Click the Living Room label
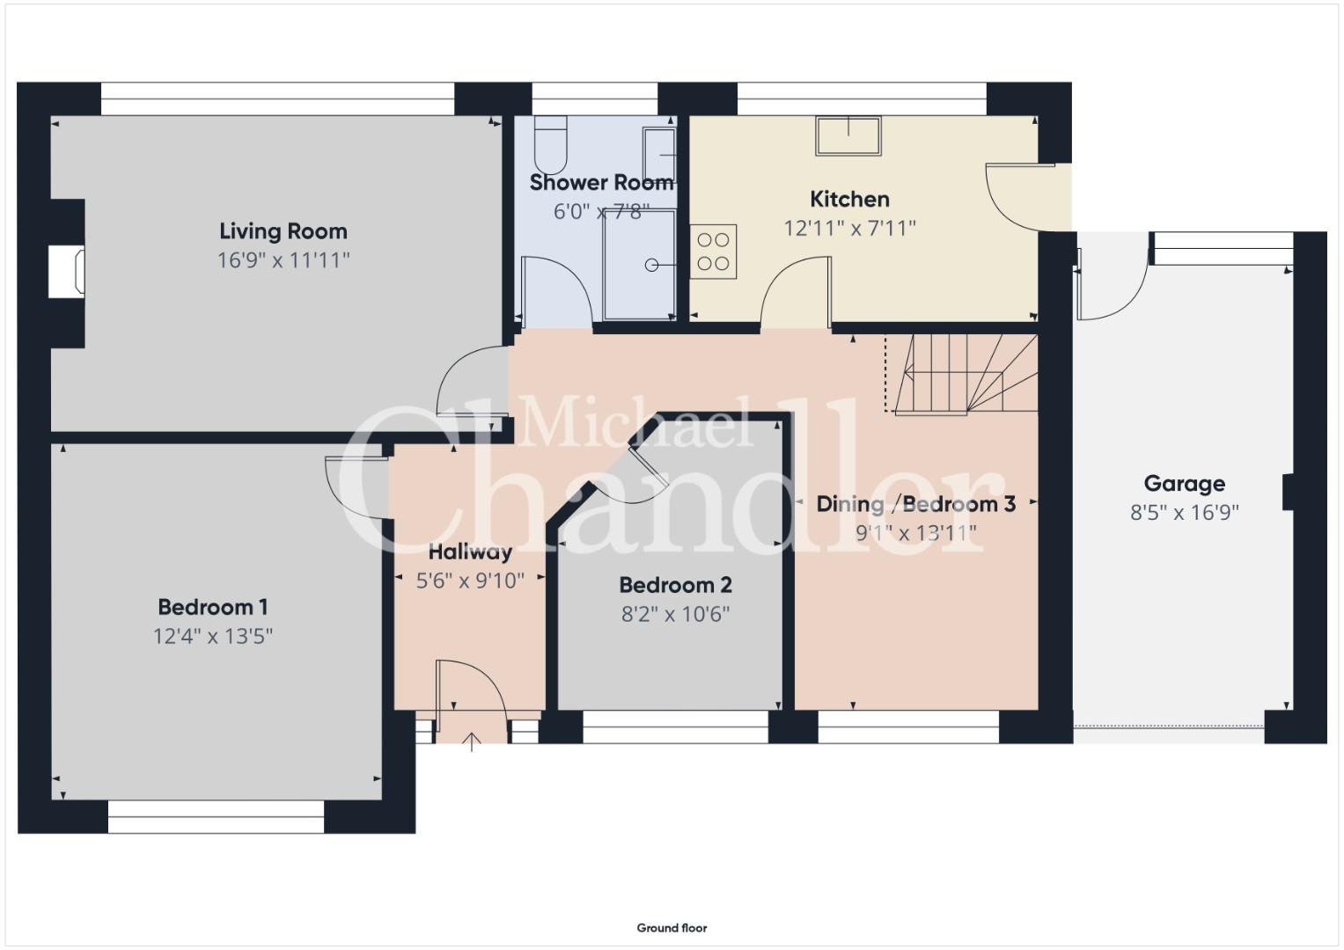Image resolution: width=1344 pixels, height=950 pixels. [283, 230]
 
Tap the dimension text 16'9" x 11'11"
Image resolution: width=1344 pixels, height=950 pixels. [283, 260]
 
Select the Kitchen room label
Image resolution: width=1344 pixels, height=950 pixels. [849, 199]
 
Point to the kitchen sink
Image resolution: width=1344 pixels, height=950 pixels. [848, 136]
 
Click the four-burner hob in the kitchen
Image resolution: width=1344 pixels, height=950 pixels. [714, 252]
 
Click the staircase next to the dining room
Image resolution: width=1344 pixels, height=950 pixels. [962, 374]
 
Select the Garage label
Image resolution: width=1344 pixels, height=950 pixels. [1185, 484]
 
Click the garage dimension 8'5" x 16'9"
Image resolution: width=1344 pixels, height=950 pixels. [1185, 513]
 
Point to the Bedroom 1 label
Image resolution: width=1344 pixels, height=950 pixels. [213, 607]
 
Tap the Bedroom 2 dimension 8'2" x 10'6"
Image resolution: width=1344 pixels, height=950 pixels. [676, 614]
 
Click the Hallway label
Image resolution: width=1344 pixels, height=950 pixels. [470, 552]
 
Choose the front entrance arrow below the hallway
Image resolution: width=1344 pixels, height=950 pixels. [472, 742]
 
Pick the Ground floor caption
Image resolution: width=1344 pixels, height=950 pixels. [672, 928]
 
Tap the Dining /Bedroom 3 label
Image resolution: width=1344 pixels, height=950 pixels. [916, 504]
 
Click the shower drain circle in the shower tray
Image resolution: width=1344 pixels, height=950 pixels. [651, 265]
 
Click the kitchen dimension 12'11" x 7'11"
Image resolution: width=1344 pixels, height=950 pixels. [849, 229]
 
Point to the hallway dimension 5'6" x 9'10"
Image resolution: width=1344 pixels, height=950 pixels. [470, 581]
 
